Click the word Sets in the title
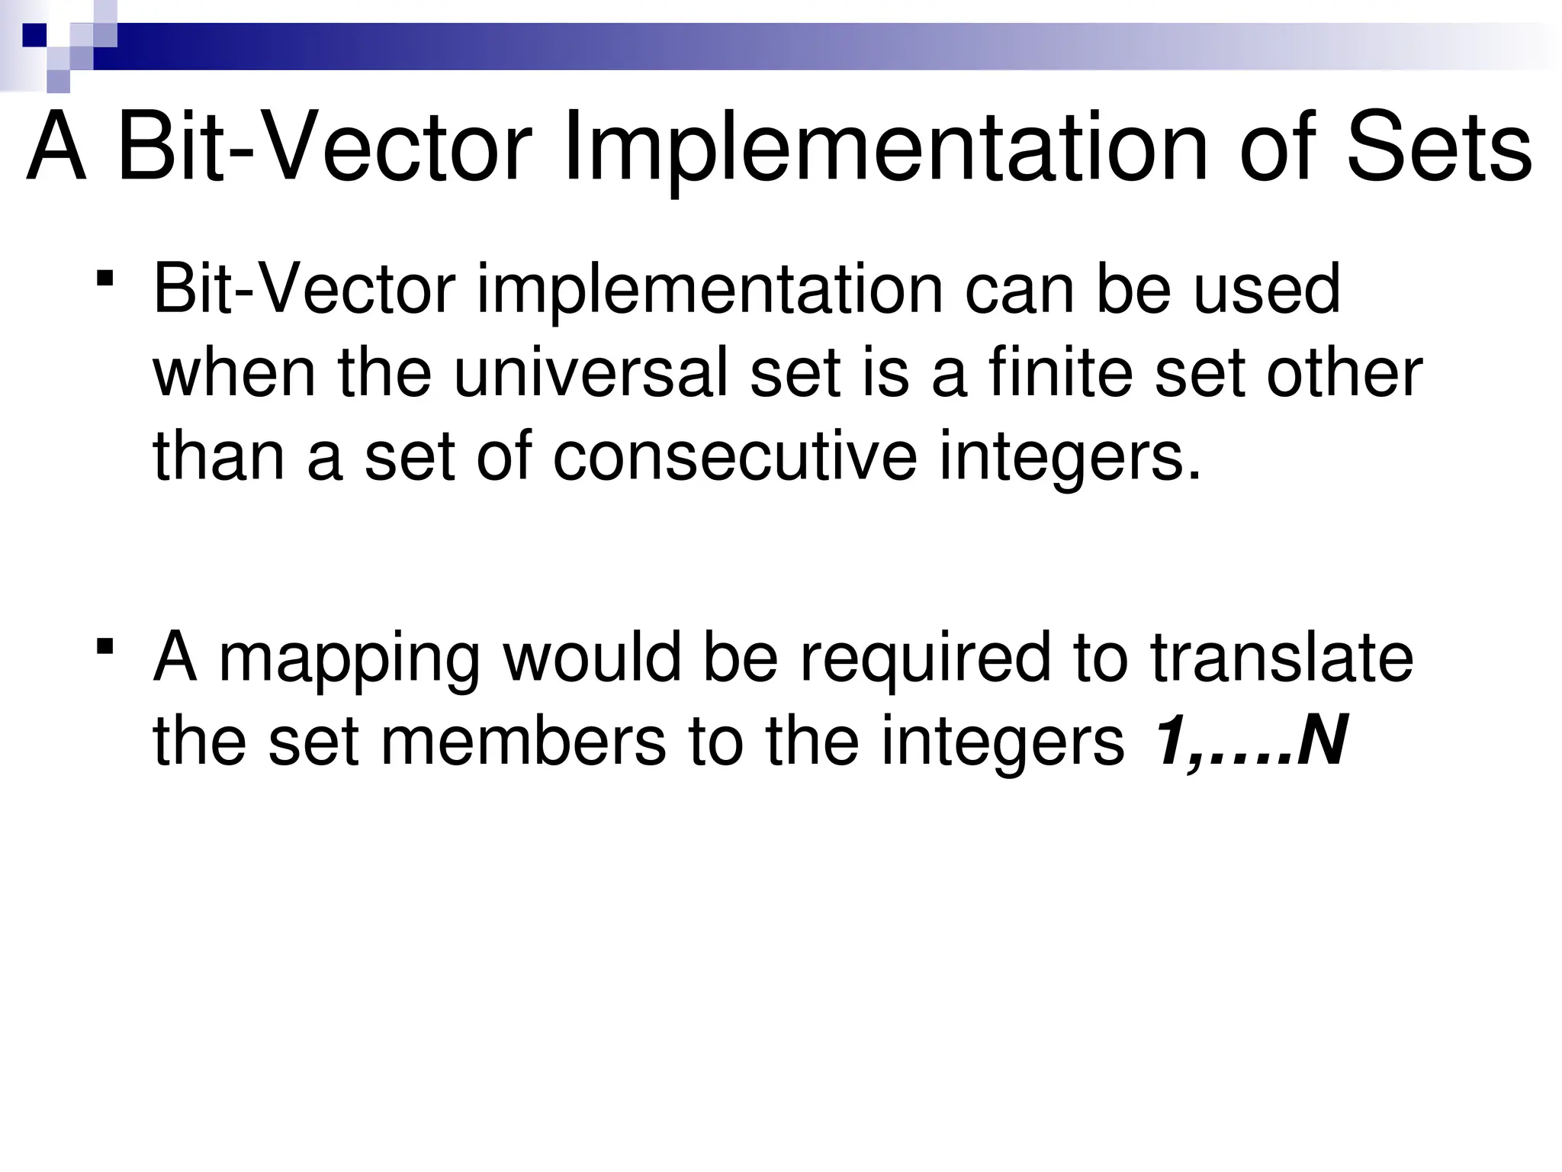1438,148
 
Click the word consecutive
734,457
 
